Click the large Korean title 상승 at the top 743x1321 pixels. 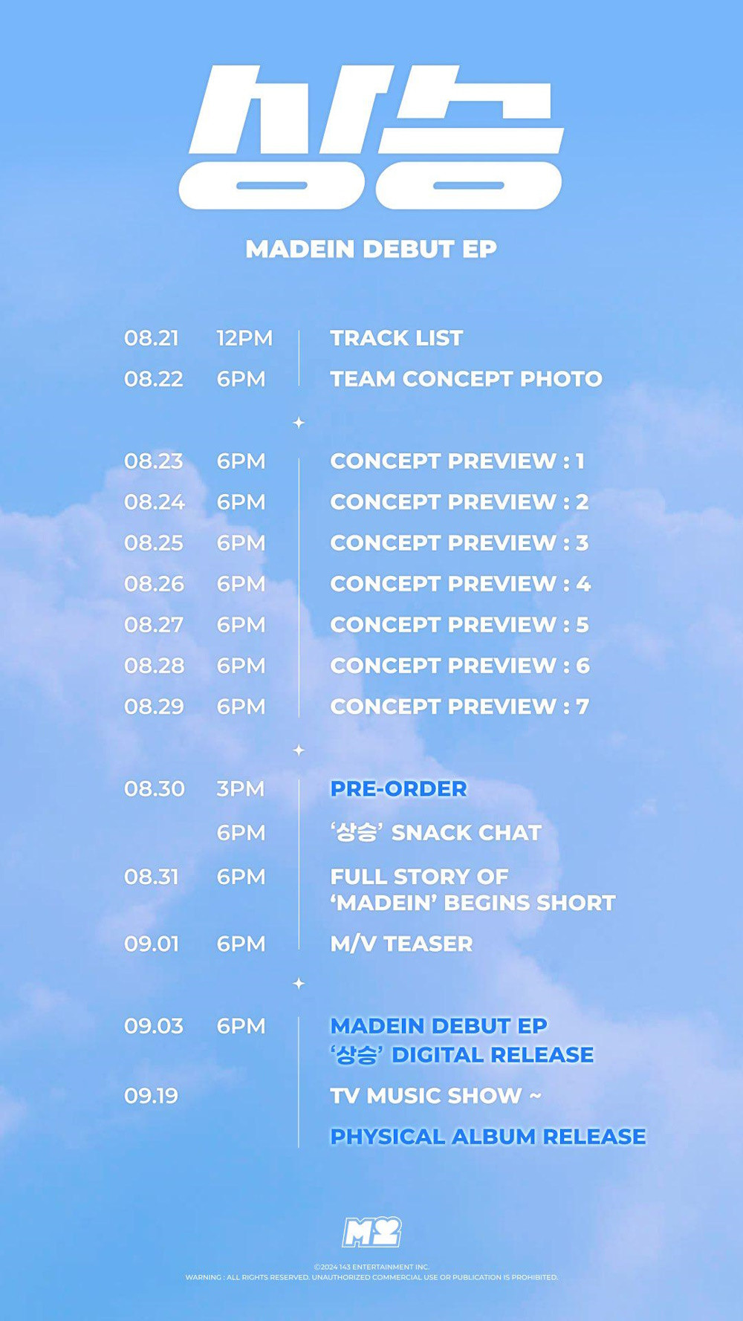pyautogui.click(x=371, y=137)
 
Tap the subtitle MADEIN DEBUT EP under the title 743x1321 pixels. pyautogui.click(x=371, y=250)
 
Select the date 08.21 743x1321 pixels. pyautogui.click(x=152, y=338)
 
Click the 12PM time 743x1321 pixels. pyautogui.click(x=244, y=338)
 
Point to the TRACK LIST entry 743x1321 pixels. pyautogui.click(x=397, y=338)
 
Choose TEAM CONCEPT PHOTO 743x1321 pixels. pyautogui.click(x=467, y=379)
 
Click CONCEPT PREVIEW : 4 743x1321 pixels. pyautogui.click(x=461, y=584)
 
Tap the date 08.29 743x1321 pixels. pyautogui.click(x=154, y=707)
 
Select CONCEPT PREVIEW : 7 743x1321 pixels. pyautogui.click(x=460, y=707)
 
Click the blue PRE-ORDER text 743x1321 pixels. pyautogui.click(x=399, y=789)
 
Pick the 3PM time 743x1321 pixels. pyautogui.click(x=241, y=789)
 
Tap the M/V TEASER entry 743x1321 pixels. pyautogui.click(x=402, y=944)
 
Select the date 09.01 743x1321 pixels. pyautogui.click(x=152, y=944)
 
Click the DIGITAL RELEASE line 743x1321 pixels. pyautogui.click(x=462, y=1055)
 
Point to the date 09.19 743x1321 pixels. pyautogui.click(x=152, y=1096)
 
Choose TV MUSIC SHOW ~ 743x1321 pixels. pyautogui.click(x=436, y=1096)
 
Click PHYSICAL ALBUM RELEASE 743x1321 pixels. pyautogui.click(x=488, y=1137)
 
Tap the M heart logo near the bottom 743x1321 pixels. pyautogui.click(x=371, y=1232)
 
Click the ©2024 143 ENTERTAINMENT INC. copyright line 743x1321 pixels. pyautogui.click(x=371, y=1267)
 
